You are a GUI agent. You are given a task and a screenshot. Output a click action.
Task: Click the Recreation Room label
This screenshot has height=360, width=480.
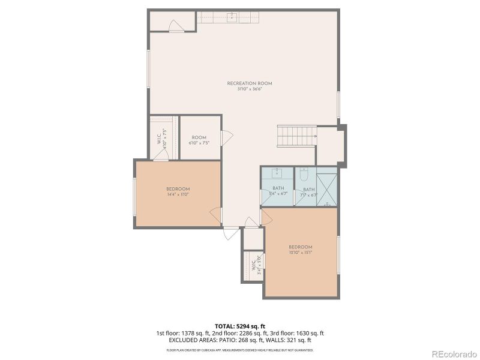point(250,83)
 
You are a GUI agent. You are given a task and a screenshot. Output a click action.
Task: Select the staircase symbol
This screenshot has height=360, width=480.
point(296,136)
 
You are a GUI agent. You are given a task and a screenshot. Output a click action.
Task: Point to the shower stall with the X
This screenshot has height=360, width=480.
point(327,190)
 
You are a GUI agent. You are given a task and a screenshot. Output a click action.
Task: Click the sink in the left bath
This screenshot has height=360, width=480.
point(277,174)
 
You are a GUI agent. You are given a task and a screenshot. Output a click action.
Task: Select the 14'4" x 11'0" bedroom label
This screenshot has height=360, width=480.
point(178,191)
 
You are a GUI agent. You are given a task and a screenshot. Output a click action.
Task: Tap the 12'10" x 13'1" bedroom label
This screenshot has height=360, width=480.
point(300,250)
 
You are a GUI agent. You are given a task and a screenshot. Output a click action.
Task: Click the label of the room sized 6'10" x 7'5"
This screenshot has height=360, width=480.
point(199,140)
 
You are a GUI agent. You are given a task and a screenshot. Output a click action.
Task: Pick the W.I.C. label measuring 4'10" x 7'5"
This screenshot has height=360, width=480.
point(161,139)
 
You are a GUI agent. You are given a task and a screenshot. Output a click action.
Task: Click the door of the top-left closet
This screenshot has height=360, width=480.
point(175,26)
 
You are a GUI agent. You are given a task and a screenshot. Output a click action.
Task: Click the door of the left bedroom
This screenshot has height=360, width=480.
point(214,214)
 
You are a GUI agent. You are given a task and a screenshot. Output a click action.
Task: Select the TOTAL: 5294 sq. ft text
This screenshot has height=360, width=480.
point(240,326)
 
